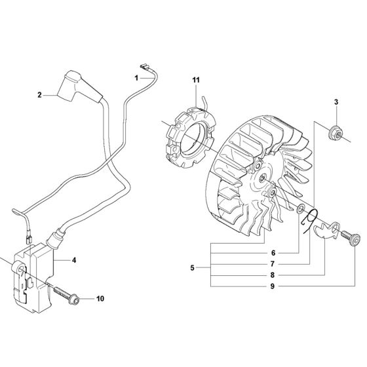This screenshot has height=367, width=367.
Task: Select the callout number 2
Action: tap(39, 94)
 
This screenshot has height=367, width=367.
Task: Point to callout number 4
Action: tap(74, 260)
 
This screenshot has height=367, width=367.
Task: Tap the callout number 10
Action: tap(100, 299)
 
